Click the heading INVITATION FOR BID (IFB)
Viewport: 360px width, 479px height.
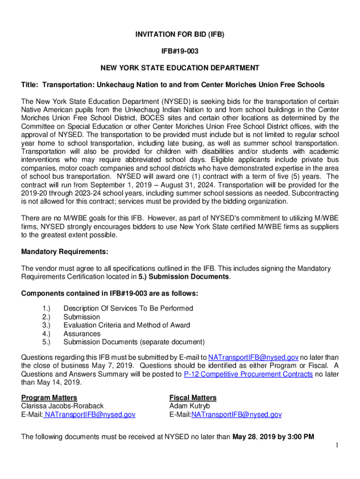point(180,35)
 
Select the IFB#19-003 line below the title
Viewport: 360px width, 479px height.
point(180,51)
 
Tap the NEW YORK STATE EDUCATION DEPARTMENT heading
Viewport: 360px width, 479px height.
point(180,68)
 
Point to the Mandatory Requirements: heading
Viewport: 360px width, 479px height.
point(65,252)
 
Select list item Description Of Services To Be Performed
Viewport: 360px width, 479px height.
point(128,309)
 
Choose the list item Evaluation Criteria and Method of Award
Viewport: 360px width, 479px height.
point(127,326)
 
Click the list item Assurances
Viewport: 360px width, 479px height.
point(82,334)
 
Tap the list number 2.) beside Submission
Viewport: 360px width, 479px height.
point(46,317)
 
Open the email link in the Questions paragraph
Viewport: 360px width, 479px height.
point(253,357)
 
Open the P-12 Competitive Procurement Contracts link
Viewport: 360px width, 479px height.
point(248,374)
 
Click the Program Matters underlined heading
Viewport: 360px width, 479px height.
point(49,398)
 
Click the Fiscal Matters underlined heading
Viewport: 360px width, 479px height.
point(193,398)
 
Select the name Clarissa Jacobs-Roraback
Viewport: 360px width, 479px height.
point(63,406)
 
